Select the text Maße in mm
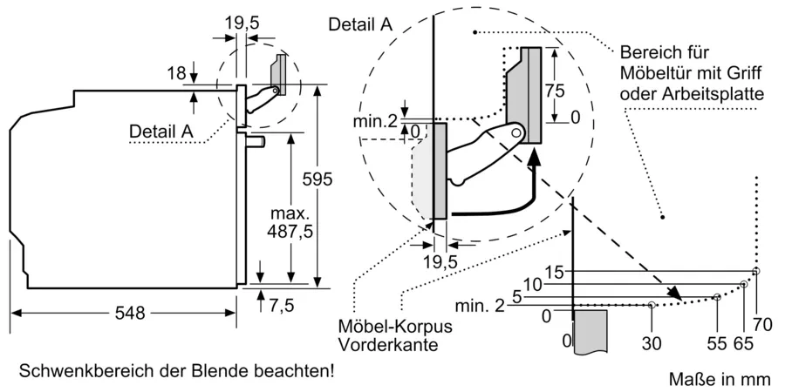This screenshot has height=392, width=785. (x=720, y=379)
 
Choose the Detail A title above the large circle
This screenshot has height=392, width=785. (x=359, y=25)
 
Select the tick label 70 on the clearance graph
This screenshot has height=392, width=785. (x=762, y=326)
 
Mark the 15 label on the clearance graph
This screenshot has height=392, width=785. (x=555, y=271)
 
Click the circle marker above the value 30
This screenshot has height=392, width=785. (x=652, y=304)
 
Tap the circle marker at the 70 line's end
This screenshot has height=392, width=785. (x=756, y=271)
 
